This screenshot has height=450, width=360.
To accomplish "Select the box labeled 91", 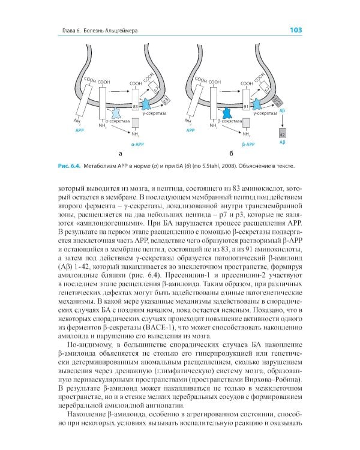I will tap(246, 106).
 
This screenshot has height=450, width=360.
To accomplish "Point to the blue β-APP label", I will tap(247, 145).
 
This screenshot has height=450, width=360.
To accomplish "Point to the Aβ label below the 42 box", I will tap(283, 143).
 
